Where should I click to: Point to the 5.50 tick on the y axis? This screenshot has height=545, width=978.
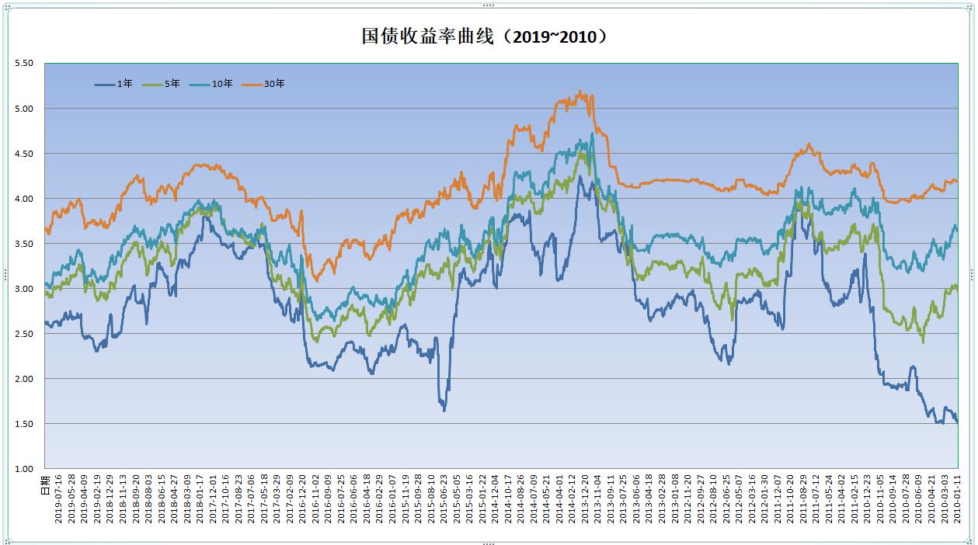24,63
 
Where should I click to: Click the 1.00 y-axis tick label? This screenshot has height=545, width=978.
24,468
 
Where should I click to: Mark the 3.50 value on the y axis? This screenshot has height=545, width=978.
24,243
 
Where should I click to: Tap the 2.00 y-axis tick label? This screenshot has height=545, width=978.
24,378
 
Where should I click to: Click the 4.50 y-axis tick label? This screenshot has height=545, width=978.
24,153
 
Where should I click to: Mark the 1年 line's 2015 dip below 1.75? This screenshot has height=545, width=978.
444,409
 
